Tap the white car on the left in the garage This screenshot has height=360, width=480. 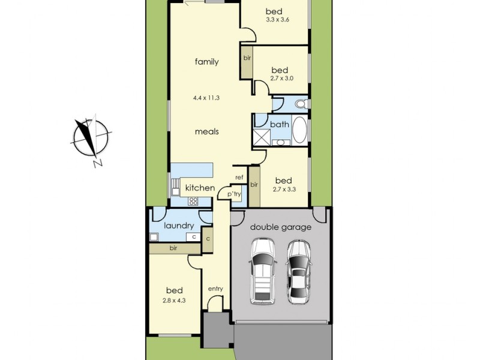262,271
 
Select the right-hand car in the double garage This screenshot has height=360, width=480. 298,271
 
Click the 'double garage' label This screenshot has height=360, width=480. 281,227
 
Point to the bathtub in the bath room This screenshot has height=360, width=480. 299,128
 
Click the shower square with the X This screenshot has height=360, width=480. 261,138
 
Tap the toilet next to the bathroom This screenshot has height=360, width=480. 301,104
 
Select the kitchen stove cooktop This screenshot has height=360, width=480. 193,202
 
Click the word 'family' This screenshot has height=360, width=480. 206,61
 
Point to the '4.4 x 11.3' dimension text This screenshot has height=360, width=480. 206,97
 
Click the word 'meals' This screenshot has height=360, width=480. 206,131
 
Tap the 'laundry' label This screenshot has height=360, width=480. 179,226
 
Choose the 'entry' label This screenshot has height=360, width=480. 215,289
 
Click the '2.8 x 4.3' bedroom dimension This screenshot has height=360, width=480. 174,300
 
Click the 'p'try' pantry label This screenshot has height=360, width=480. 233,193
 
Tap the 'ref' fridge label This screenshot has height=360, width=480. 239,177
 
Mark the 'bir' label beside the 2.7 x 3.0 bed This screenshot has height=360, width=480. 247,58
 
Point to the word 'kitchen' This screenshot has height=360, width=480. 200,188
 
